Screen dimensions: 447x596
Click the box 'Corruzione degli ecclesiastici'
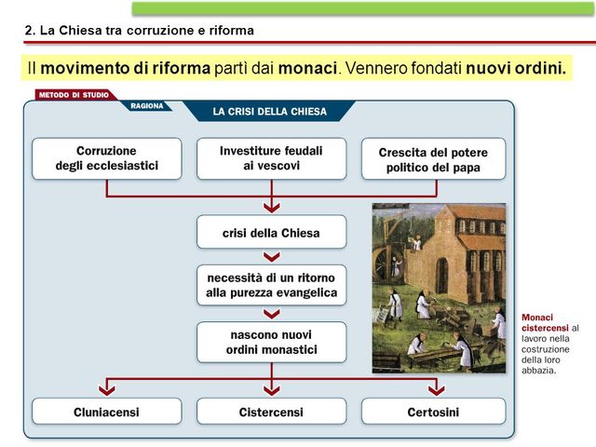tap(107, 158)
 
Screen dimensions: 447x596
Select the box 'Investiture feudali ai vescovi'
tap(271, 158)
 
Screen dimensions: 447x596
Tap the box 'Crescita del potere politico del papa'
tap(433, 159)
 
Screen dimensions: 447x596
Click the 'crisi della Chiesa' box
tap(271, 233)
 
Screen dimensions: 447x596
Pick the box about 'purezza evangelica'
tap(271, 285)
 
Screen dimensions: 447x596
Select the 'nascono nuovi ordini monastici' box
tap(271, 342)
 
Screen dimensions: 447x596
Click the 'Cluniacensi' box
tap(107, 412)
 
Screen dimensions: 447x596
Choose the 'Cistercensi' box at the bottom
tap(271, 412)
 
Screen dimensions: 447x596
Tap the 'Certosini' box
tap(433, 412)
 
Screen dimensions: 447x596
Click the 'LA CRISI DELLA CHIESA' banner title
tap(270, 112)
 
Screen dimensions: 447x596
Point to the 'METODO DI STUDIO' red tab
tap(73, 95)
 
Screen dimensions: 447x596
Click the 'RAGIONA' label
tap(147, 106)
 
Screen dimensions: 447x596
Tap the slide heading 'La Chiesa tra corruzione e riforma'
tap(139, 30)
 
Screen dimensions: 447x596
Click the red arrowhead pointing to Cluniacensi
tap(107, 387)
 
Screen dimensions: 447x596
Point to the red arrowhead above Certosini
tap(436, 387)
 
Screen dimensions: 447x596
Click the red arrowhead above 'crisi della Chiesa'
tap(271, 206)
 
